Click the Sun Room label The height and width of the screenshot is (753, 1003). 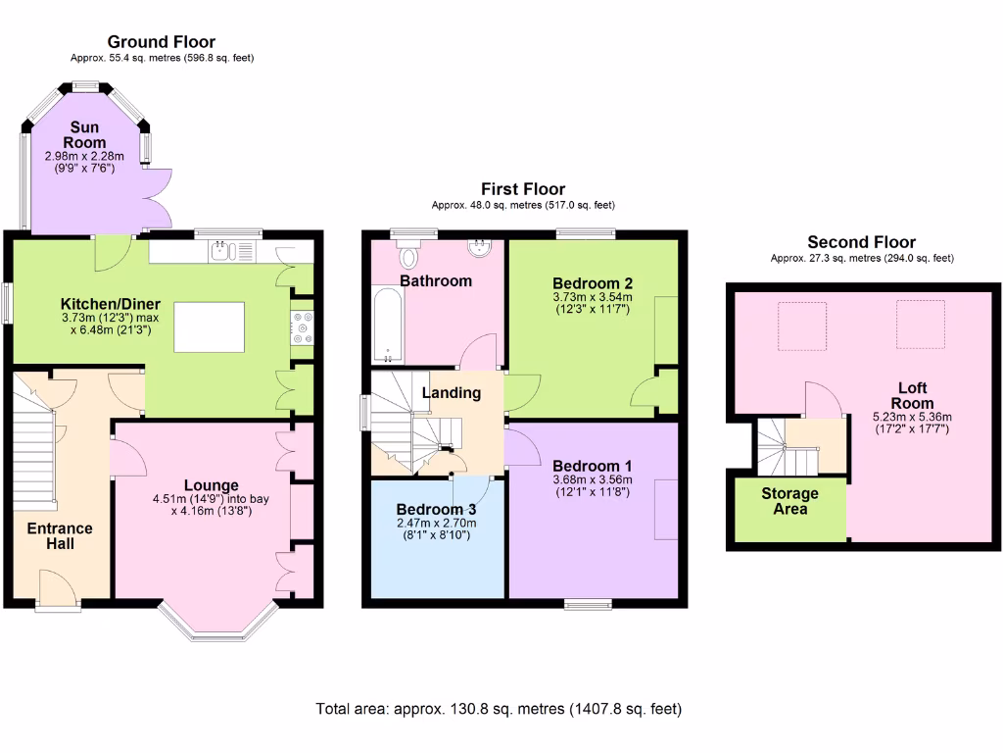(86, 134)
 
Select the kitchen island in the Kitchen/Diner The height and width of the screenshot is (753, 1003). (210, 326)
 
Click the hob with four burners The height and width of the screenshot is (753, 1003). (301, 326)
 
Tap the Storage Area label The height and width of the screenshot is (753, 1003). (789, 501)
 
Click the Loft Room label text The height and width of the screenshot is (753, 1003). (912, 396)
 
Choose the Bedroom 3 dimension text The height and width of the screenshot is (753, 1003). (436, 530)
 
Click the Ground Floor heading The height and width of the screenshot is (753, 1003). (162, 41)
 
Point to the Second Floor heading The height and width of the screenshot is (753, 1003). (861, 242)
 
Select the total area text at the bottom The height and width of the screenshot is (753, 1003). (499, 708)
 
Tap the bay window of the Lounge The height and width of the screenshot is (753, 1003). (217, 627)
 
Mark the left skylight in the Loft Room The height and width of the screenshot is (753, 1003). (801, 326)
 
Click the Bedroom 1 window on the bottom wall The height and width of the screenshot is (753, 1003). (589, 603)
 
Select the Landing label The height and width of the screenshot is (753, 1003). (451, 393)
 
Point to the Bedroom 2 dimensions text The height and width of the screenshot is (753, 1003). (593, 303)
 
